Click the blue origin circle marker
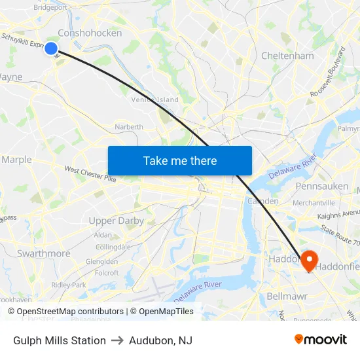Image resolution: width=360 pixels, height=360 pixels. click(50, 48)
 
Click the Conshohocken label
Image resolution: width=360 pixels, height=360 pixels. click(90, 33)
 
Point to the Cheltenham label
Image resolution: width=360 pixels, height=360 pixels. click(287, 56)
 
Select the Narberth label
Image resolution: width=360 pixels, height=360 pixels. click(128, 126)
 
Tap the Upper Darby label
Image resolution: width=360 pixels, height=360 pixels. click(116, 221)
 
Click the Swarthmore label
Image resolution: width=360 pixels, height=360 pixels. click(44, 253)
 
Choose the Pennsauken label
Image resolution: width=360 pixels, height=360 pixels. click(321, 186)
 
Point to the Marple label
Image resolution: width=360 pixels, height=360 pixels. click(16, 159)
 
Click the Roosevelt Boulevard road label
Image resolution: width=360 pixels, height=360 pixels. click(328, 73)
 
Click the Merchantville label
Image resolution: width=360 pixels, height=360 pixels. click(314, 203)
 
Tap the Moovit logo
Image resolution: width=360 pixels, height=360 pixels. click(321, 340)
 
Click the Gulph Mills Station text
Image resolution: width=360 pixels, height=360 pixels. click(60, 340)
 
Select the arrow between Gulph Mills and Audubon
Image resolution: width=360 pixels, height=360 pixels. click(117, 340)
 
